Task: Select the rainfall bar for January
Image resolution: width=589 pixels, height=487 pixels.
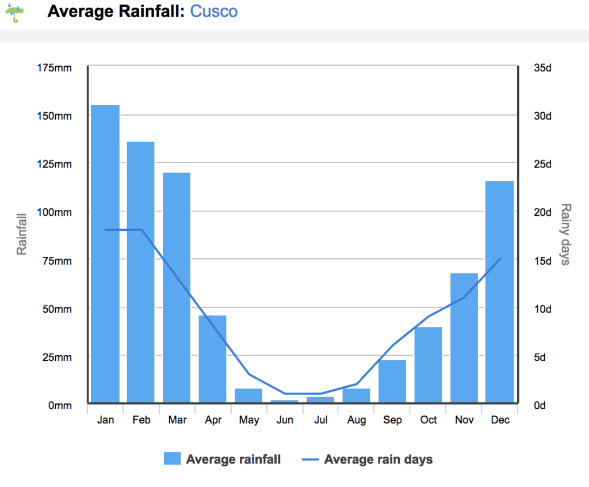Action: (x=105, y=253)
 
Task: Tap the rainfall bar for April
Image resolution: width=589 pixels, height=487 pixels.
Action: (x=213, y=359)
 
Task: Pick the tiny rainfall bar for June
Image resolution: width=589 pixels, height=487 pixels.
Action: (x=285, y=401)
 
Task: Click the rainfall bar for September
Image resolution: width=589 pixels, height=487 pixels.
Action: (x=392, y=381)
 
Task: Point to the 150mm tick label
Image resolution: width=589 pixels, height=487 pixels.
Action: (x=55, y=116)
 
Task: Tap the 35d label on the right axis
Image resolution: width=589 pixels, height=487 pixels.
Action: (x=542, y=68)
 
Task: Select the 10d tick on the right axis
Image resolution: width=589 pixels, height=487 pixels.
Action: (x=542, y=309)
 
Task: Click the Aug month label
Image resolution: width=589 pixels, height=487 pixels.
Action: (x=357, y=420)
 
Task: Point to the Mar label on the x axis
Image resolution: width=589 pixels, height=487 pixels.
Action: (x=177, y=420)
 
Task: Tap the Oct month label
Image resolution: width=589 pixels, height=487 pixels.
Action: (x=429, y=420)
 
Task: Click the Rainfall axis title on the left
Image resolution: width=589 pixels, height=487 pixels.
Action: (x=22, y=234)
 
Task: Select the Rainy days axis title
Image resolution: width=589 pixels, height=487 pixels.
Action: (x=565, y=234)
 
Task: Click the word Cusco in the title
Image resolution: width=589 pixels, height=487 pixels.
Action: (x=213, y=11)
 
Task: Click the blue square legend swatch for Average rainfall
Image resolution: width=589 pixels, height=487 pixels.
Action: (x=172, y=459)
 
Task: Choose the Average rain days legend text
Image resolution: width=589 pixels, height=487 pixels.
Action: (x=378, y=459)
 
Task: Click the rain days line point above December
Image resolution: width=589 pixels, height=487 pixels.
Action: (x=500, y=258)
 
